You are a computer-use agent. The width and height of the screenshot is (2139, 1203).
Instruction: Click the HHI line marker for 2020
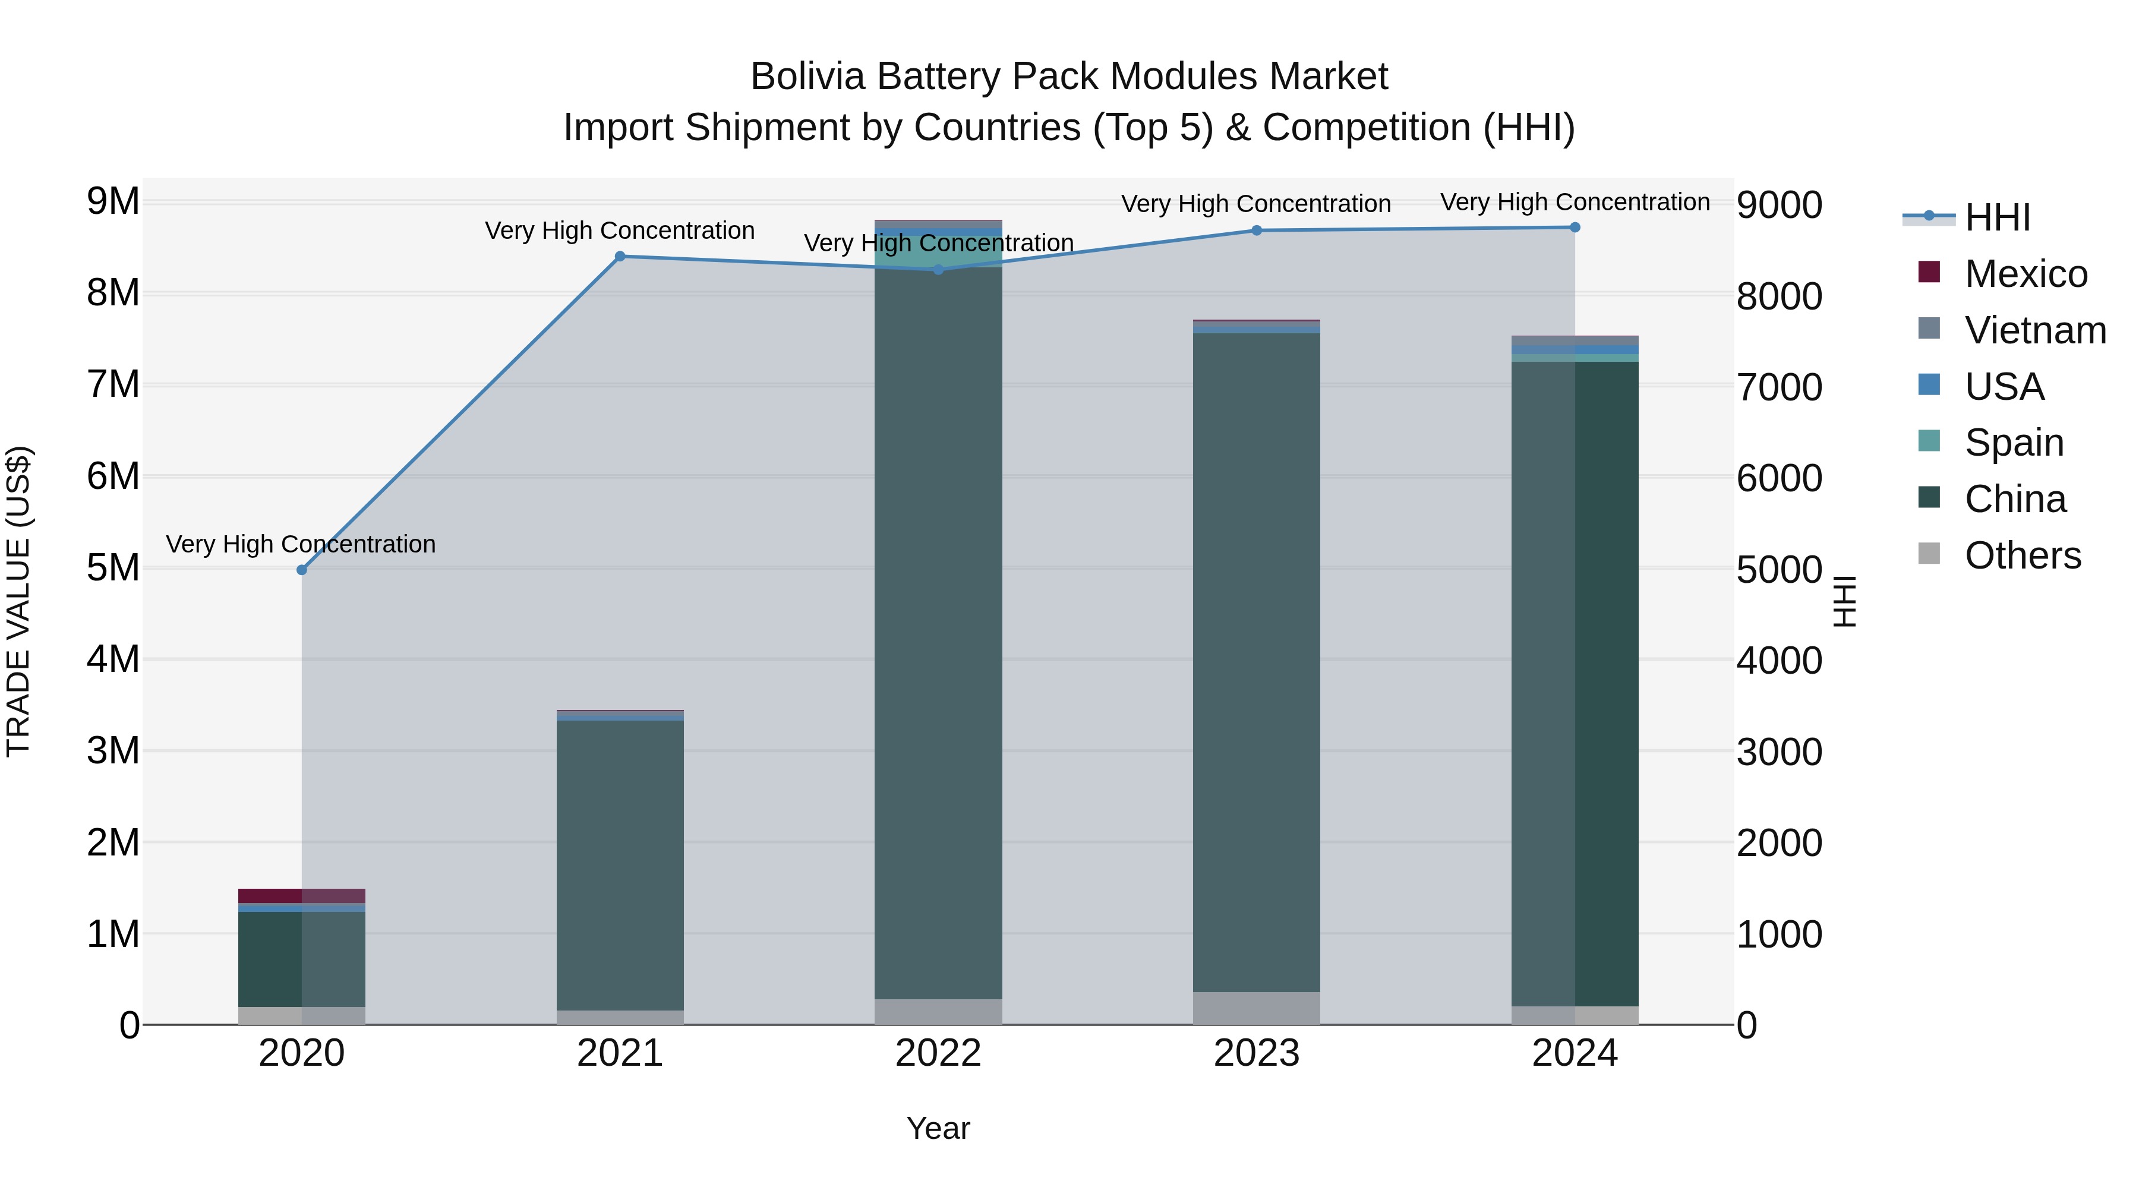pos(301,570)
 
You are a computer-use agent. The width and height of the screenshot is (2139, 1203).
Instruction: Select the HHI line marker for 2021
pos(620,257)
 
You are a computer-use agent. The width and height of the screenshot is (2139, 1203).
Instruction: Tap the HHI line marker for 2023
pos(1256,231)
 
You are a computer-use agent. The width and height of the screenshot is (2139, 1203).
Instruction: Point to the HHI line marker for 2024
pos(1575,228)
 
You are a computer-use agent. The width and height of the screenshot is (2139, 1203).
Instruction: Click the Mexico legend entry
pos(2026,274)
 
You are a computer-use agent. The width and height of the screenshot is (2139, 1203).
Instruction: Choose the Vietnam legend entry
pos(2034,330)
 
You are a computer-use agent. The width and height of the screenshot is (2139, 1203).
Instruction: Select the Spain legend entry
pos(2014,443)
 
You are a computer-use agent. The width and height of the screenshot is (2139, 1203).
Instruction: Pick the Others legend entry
pos(2022,555)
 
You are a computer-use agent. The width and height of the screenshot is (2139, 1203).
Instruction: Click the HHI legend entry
pos(1997,217)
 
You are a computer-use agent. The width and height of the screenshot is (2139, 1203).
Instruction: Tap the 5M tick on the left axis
pos(113,568)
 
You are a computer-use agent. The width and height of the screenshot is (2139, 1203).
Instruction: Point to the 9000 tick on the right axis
pos(1778,205)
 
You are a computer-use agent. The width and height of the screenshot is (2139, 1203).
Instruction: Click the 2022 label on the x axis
pos(938,1053)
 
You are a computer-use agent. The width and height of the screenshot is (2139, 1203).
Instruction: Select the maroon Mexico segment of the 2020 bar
pos(301,896)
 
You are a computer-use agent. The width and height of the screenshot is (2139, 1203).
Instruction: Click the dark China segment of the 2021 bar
pos(620,863)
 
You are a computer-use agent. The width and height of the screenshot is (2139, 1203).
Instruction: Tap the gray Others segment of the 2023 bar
pos(1256,1008)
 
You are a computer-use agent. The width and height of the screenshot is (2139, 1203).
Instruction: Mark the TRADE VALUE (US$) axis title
pos(18,601)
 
